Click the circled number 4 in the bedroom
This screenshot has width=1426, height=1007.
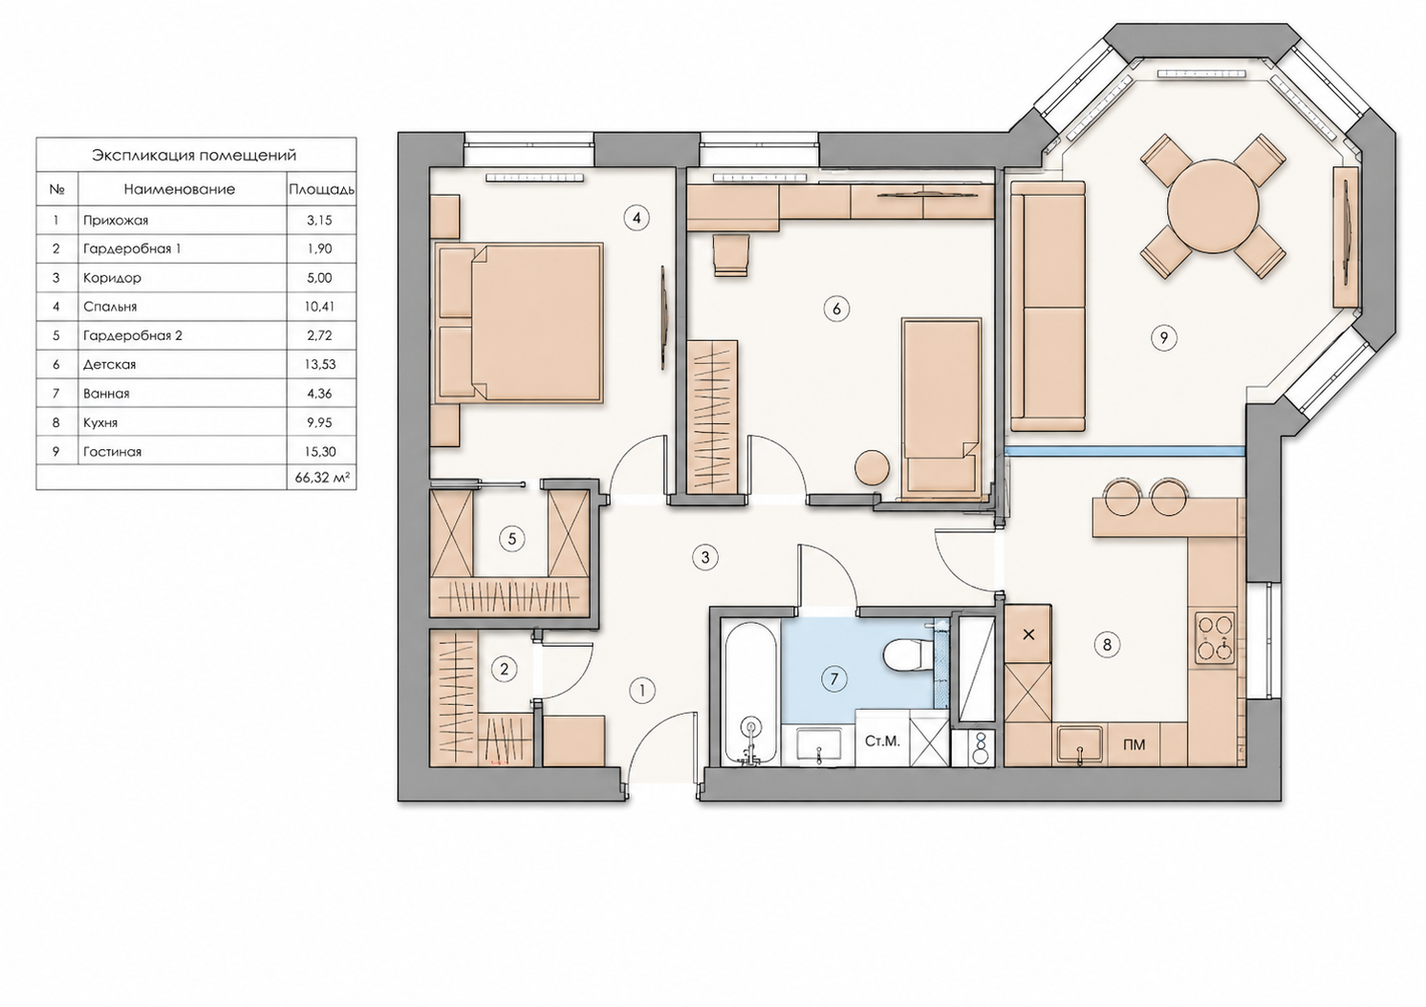[637, 219]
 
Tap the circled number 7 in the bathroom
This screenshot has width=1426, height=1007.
[834, 679]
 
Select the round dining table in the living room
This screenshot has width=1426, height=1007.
[1213, 205]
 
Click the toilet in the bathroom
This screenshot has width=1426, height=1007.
[906, 654]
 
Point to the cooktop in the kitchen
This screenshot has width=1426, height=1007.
[1215, 638]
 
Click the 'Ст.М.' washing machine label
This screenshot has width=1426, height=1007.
[882, 741]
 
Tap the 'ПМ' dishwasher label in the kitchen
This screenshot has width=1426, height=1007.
[1134, 745]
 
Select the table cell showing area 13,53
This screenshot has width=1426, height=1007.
[320, 365]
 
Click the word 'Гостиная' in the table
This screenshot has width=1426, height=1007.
[112, 452]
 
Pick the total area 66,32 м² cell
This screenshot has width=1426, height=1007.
[322, 478]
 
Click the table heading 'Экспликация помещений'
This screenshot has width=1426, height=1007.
[194, 156]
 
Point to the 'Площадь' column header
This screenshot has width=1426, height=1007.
[322, 190]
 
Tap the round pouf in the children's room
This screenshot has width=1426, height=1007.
[871, 468]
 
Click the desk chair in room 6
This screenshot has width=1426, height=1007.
[730, 255]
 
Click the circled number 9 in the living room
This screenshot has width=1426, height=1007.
[1164, 337]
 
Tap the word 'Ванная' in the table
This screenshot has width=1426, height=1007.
[106, 394]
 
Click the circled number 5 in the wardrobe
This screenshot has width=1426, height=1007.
[512, 539]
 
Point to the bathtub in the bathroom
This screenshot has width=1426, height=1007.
[751, 694]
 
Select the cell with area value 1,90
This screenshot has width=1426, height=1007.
[319, 249]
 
